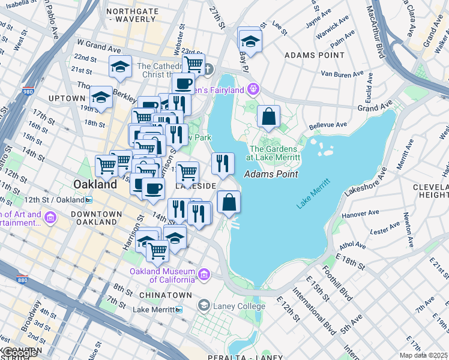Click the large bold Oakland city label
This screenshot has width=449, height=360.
(95, 185)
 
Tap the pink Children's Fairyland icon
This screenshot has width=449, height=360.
(255, 89)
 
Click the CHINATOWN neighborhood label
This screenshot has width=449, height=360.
(164, 295)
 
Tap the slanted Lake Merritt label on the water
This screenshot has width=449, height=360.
(313, 194)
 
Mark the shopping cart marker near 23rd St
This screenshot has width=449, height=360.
(193, 64)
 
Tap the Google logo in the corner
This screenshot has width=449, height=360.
(19, 353)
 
